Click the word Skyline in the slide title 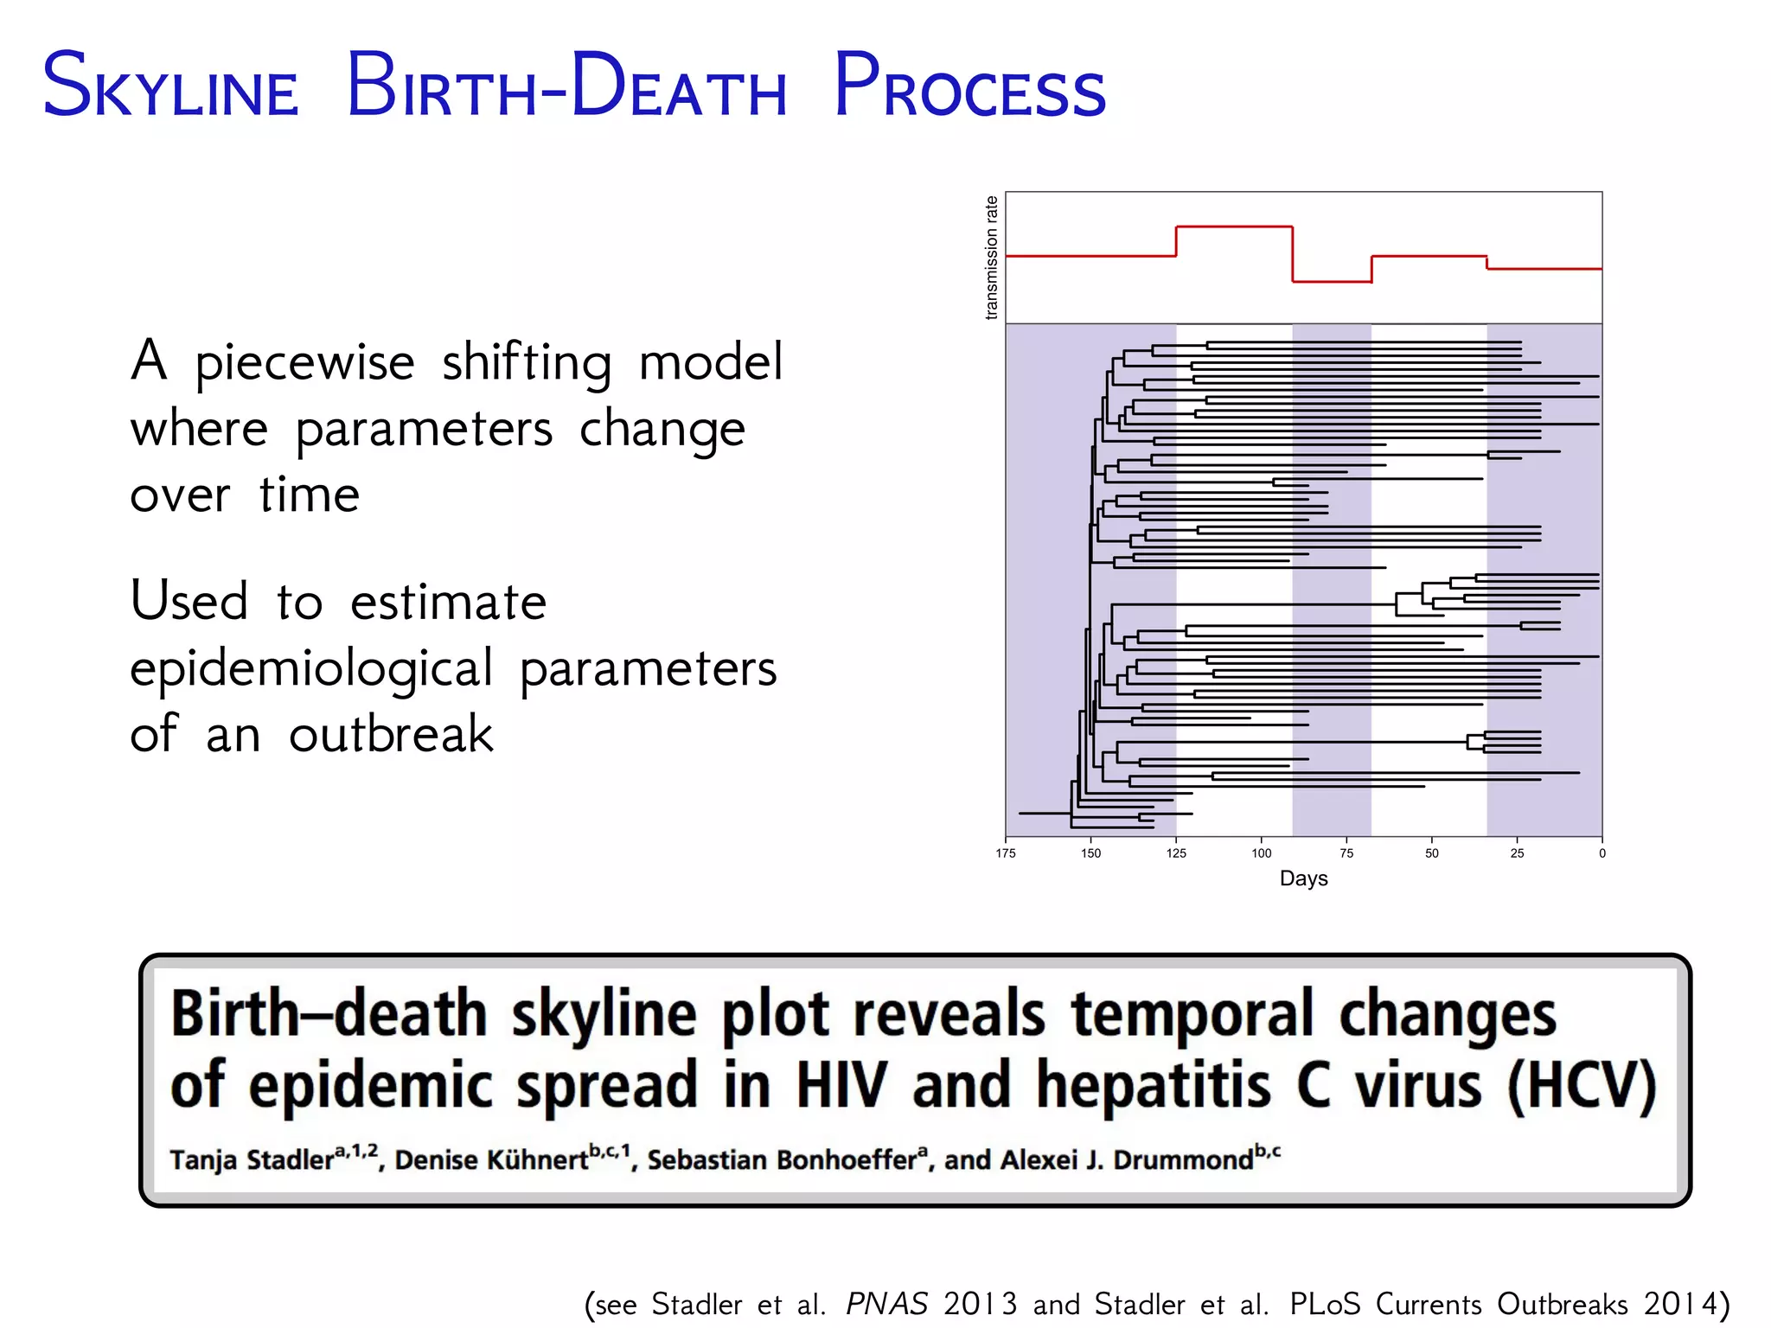[x=170, y=86]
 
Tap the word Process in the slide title [x=969, y=86]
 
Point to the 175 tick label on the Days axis [x=1005, y=853]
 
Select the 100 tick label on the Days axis [x=1261, y=853]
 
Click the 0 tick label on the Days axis [x=1602, y=853]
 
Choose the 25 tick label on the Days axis [x=1517, y=853]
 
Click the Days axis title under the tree [x=1303, y=878]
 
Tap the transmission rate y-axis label [x=991, y=257]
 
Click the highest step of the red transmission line [x=1234, y=227]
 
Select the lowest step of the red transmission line [x=1332, y=281]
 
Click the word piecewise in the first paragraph [x=304, y=362]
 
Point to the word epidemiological [x=311, y=669]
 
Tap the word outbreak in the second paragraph [x=391, y=735]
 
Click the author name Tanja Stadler [x=251, y=1159]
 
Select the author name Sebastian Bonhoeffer [x=781, y=1159]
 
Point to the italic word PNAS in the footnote [x=886, y=1304]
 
